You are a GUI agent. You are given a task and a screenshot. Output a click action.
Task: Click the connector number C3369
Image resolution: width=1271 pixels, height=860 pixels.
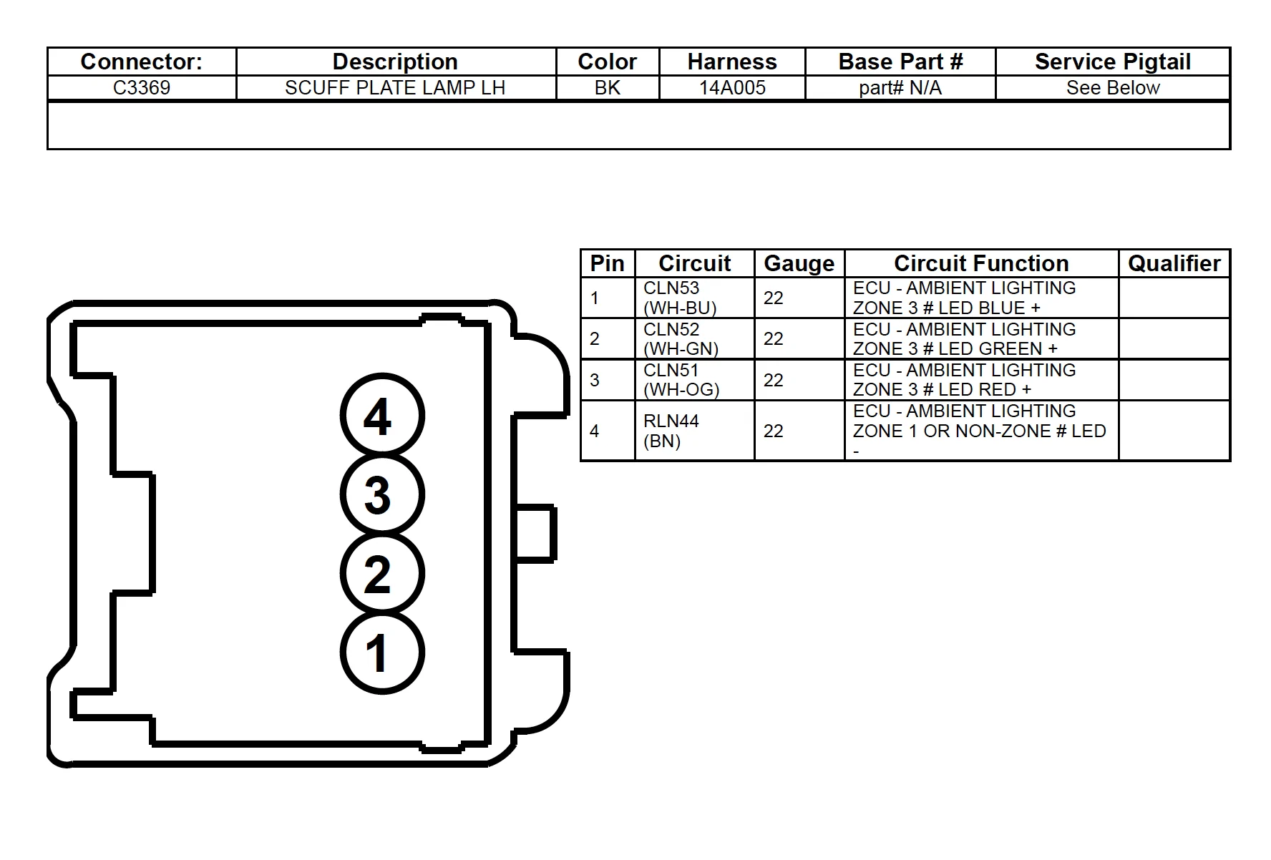[142, 87]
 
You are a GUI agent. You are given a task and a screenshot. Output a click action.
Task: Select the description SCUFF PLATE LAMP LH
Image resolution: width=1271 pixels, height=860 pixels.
[395, 87]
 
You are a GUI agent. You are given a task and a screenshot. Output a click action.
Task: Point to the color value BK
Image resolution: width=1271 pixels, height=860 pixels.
[608, 87]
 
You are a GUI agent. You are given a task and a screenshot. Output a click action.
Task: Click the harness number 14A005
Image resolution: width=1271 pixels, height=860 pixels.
[732, 87]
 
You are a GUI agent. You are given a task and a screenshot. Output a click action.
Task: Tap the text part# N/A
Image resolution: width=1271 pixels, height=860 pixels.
[900, 87]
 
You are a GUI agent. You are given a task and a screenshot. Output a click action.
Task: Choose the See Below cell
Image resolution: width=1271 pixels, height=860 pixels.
[1113, 87]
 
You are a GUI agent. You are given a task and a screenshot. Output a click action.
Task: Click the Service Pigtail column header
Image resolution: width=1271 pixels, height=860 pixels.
[1113, 62]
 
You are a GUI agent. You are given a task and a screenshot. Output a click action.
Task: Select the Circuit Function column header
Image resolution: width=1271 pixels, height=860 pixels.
[981, 263]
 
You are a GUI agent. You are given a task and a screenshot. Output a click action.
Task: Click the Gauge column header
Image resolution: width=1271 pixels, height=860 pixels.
[799, 263]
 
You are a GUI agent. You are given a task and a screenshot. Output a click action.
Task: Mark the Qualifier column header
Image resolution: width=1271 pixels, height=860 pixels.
[1174, 263]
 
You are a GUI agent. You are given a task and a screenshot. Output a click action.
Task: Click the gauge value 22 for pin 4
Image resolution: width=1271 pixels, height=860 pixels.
[773, 431]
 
